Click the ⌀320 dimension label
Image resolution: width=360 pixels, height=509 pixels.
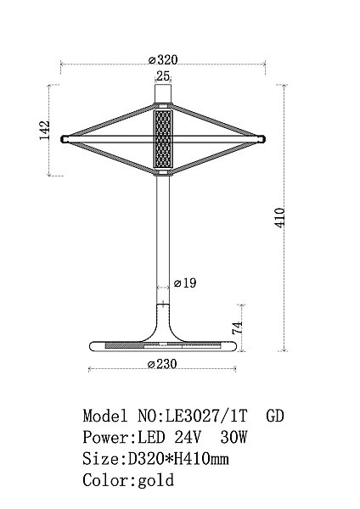163,59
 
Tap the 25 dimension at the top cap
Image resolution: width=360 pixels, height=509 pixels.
163,76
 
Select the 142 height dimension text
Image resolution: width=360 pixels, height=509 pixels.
44,131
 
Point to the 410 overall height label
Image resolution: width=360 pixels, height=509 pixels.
280,217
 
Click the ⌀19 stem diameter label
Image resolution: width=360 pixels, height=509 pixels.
185,283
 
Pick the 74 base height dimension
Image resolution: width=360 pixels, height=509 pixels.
237,327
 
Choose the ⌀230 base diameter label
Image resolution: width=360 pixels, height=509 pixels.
162,364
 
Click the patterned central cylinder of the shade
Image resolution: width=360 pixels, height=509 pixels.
163,140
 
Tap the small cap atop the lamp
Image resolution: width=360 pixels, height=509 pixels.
163,94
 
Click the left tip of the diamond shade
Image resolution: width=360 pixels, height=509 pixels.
62,139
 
